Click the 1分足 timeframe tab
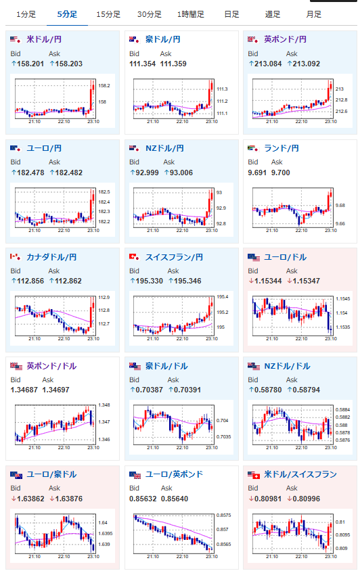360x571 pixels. (26, 15)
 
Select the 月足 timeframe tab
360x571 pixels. (314, 15)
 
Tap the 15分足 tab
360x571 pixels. (108, 15)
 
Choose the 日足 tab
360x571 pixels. (231, 15)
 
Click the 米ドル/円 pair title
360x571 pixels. (44, 39)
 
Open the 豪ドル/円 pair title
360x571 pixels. (162, 39)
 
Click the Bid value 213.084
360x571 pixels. (268, 64)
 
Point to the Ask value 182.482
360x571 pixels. (68, 173)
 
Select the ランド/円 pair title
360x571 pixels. (282, 148)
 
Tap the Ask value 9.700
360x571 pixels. (281, 173)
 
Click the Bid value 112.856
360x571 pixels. (30, 281)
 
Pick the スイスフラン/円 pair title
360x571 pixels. (174, 257)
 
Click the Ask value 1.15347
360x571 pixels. (305, 281)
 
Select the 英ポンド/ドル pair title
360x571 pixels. (51, 366)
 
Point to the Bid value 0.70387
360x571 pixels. (149, 390)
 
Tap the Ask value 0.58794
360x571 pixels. (305, 390)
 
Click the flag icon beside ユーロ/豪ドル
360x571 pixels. (16, 475)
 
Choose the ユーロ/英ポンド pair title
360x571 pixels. (174, 474)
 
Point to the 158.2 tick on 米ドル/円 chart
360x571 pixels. (104, 85)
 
